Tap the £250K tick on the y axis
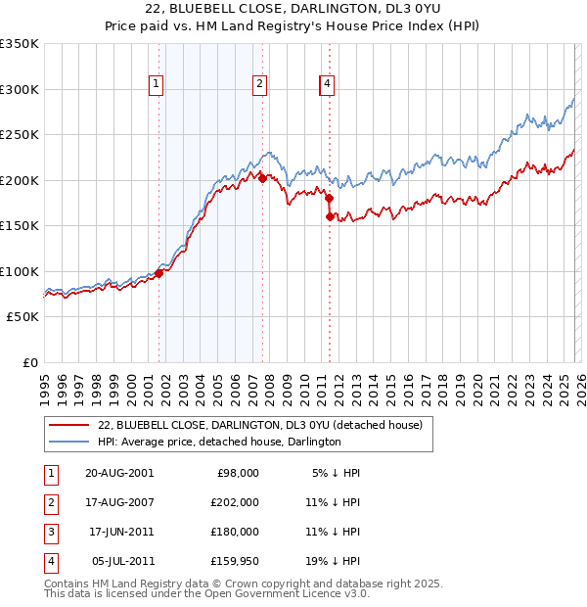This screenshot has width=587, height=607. point(20,134)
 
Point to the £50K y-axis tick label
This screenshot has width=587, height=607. point(23,317)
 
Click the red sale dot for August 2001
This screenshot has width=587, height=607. point(158,273)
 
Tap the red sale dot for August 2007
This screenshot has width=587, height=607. point(262,178)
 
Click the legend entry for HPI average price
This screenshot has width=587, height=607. point(218,442)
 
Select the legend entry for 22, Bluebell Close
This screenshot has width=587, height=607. point(259,425)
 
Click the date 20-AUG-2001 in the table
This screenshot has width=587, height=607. point(119,472)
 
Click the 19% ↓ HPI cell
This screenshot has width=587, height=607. point(331,562)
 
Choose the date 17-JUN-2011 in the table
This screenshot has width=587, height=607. point(120,532)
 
